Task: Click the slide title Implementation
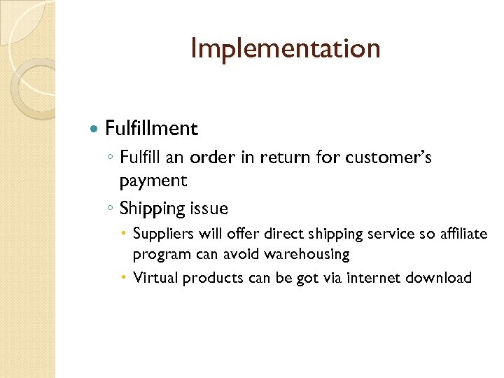286,48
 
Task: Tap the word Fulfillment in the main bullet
151,129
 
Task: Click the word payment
153,181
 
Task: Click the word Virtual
155,278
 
